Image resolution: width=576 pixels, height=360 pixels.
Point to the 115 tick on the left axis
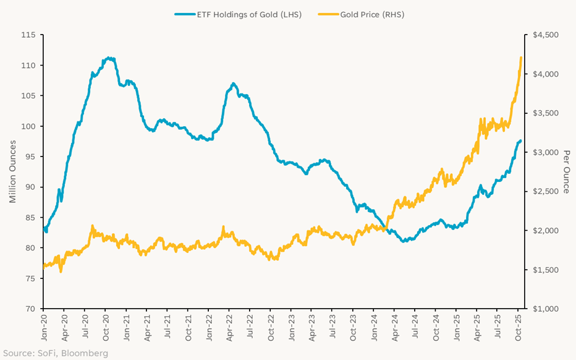pyautogui.click(x=28, y=35)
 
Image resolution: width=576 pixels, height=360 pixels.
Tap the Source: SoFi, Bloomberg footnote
pyautogui.click(x=51, y=353)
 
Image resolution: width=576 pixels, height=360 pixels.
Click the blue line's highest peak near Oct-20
pyautogui.click(x=109, y=58)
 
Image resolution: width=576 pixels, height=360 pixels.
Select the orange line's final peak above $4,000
pyautogui.click(x=521, y=58)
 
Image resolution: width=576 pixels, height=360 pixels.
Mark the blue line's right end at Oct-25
pyautogui.click(x=520, y=141)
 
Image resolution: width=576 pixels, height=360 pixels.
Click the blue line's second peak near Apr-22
pyautogui.click(x=233, y=84)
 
